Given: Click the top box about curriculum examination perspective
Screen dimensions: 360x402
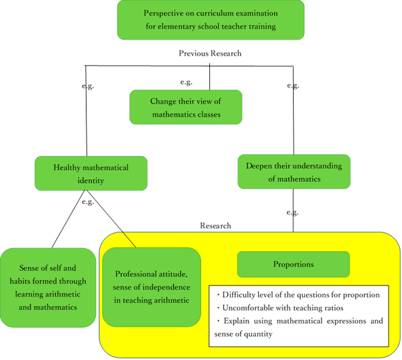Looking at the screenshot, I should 210,20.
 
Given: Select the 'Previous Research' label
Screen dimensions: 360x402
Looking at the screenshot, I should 210,53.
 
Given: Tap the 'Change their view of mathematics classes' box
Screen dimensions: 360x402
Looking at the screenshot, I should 186,107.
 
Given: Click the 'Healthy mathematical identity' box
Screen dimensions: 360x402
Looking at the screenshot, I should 91,173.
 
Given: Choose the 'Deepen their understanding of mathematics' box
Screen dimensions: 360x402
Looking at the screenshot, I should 293,172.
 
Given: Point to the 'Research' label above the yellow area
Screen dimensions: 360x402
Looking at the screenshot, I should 215,225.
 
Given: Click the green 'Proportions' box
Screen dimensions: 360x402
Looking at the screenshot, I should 293,264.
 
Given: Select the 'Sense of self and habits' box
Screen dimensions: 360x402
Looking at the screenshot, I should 47,287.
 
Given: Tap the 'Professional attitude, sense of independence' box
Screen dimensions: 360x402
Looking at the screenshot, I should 152,287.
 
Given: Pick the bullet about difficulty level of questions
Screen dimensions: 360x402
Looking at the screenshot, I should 298,295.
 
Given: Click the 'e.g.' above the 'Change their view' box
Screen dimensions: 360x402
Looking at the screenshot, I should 186,82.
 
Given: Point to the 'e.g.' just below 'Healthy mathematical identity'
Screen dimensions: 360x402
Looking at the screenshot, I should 88,202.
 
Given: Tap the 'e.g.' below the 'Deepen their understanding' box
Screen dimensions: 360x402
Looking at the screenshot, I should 293,212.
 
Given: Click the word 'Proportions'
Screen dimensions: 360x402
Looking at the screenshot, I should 293,264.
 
